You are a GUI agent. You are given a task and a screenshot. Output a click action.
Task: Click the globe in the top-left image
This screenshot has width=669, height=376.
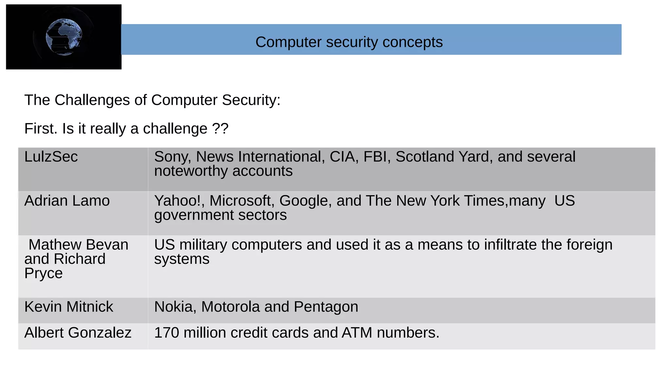[64, 37]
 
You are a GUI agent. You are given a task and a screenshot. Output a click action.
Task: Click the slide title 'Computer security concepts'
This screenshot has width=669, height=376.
[349, 42]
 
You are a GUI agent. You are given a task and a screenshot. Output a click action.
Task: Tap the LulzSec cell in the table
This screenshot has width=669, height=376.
[51, 157]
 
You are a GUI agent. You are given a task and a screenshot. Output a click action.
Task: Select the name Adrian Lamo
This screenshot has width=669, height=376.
[67, 201]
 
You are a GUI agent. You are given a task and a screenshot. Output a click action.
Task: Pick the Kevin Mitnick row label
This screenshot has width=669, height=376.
[69, 307]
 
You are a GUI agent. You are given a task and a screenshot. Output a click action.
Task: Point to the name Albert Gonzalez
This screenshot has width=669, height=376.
[78, 333]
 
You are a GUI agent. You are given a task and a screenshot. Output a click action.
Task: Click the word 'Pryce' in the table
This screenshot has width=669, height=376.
[43, 274]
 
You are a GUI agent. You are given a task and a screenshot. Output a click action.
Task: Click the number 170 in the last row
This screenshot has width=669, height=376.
[167, 333]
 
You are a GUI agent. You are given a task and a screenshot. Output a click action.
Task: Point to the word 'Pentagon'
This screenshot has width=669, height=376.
[326, 307]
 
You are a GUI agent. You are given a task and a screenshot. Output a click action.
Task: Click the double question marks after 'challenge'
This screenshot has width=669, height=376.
[220, 129]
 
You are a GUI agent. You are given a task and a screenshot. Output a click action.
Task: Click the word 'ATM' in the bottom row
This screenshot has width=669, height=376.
[357, 333]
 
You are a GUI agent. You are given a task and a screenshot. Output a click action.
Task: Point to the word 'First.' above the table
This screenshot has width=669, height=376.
[41, 129]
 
